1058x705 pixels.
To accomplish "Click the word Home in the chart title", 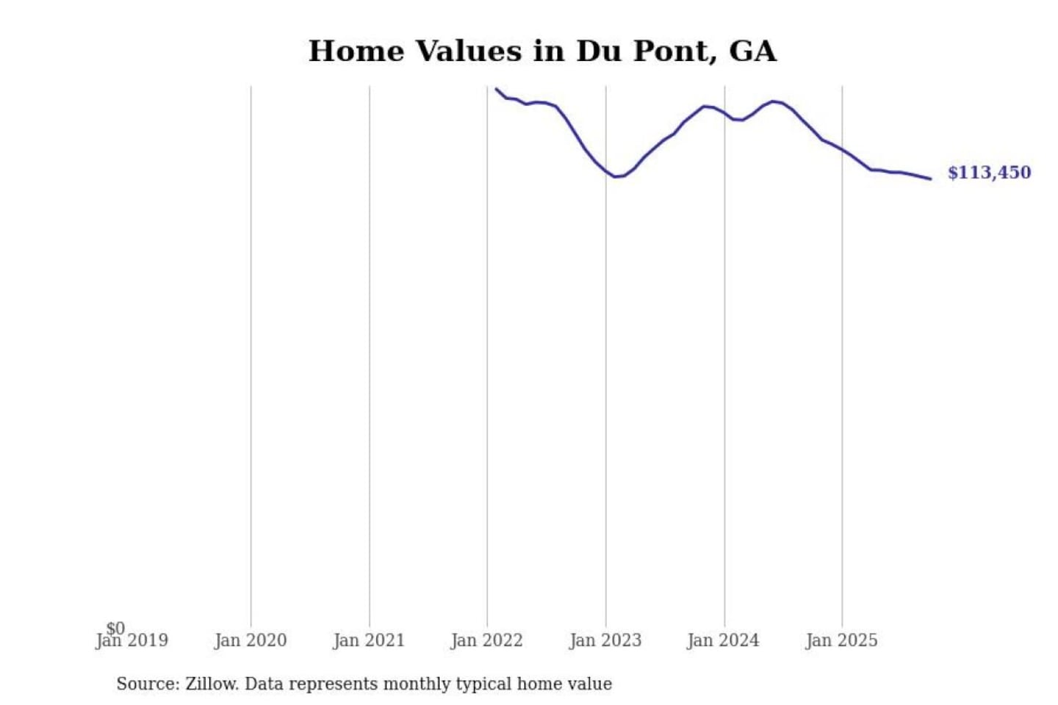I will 356,51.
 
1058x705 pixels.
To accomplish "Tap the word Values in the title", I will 468,51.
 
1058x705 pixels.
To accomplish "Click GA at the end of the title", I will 752,51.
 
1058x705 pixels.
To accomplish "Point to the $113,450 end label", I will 989,173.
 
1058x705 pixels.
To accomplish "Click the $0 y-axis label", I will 115,628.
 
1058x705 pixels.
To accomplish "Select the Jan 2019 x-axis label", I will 132,641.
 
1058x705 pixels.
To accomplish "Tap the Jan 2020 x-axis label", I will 251,641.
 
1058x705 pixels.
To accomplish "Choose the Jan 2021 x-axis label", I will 369,641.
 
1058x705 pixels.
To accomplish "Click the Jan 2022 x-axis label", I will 486,641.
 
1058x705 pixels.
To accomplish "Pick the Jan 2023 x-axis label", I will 605,641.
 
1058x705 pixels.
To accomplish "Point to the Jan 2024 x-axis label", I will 723,641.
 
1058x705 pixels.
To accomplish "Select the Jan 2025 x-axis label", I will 841,641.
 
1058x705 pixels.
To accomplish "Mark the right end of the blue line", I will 930,178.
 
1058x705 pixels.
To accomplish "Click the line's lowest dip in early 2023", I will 616,177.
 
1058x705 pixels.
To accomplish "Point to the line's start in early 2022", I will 497,90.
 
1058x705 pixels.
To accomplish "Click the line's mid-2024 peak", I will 774,101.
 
